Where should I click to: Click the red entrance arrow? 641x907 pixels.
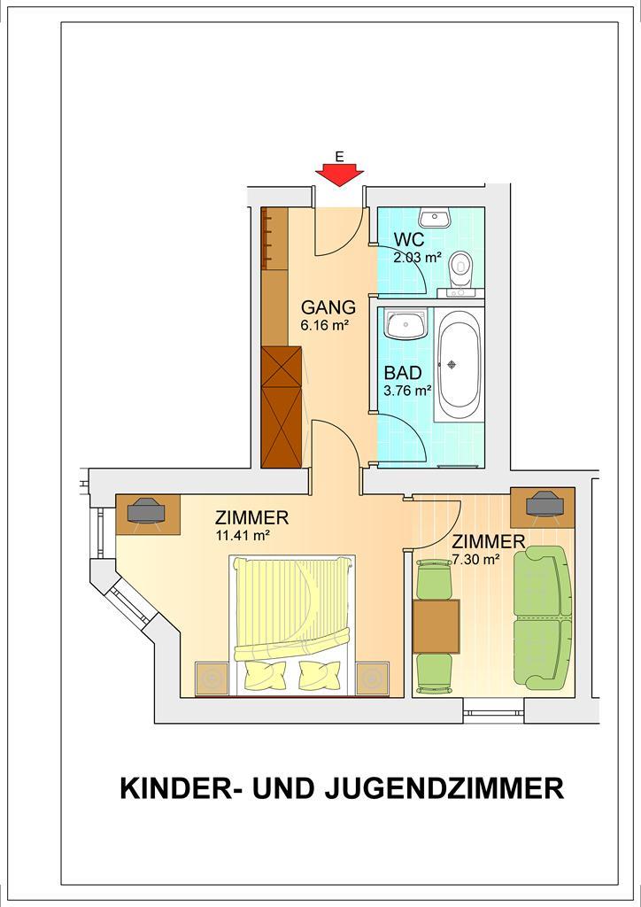339,174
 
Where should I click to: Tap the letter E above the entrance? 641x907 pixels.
339,156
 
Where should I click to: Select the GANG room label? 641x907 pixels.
328,307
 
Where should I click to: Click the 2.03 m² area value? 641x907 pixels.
418,258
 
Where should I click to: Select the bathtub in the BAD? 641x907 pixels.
459,364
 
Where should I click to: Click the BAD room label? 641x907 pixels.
403,373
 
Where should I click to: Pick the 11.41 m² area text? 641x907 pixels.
243,535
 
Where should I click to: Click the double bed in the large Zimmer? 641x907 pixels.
292,624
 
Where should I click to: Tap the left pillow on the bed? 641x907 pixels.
266,675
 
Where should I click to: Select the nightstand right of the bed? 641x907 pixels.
373,678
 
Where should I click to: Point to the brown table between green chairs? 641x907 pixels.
436,626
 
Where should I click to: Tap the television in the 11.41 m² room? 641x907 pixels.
146,510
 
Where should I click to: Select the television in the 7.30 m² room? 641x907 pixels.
544,503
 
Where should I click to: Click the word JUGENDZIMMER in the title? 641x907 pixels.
444,788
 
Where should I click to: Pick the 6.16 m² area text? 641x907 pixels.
324,325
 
